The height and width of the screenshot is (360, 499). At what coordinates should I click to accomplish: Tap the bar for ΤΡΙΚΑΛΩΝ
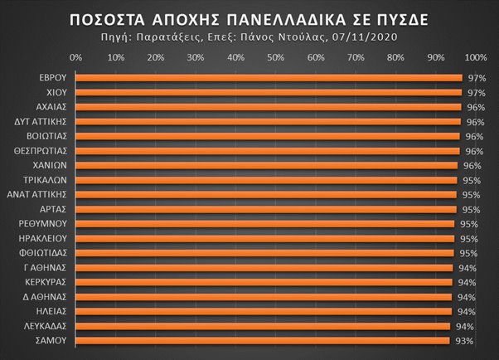pyautogui.click(x=265, y=179)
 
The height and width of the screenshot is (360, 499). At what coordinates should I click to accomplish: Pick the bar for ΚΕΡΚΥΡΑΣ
pyautogui.click(x=264, y=281)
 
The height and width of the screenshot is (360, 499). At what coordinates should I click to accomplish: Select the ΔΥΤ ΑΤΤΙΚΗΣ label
pyautogui.click(x=46, y=122)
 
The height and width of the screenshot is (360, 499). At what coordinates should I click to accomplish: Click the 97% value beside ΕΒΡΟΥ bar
pyautogui.click(x=476, y=78)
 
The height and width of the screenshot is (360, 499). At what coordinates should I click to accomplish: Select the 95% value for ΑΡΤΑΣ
pyautogui.click(x=469, y=209)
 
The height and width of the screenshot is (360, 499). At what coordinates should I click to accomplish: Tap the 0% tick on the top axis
pyautogui.click(x=76, y=58)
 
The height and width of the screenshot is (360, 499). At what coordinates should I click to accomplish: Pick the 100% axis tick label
pyautogui.click(x=476, y=58)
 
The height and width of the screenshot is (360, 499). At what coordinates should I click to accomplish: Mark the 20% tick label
pyautogui.click(x=156, y=58)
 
